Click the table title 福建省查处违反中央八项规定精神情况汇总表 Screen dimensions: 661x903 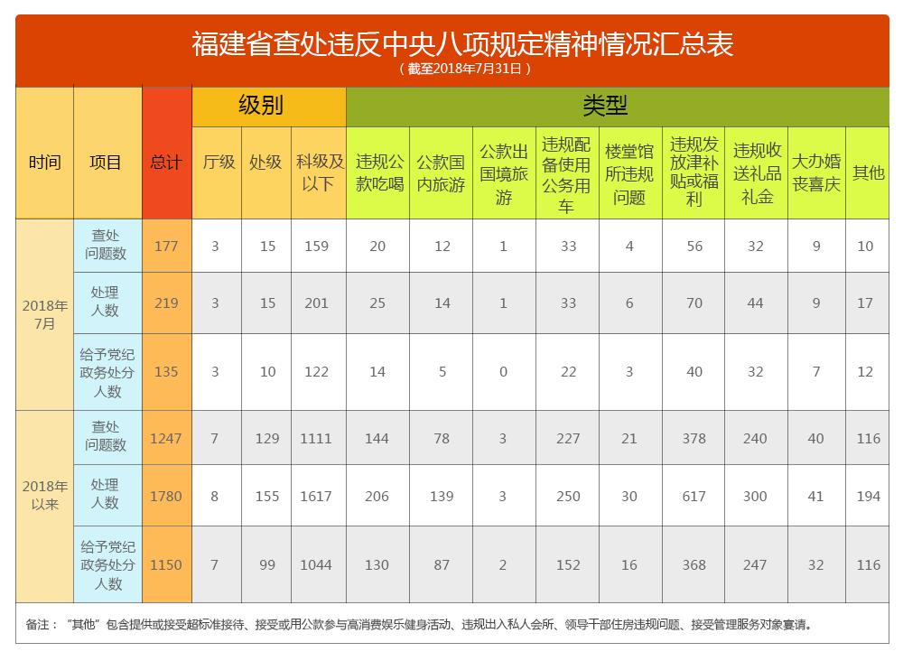462,43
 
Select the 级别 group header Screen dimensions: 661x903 261,106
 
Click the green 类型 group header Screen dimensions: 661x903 605,106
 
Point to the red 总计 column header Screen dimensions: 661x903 166,163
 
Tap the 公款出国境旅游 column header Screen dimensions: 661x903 503,173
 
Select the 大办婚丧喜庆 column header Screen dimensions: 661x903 816,172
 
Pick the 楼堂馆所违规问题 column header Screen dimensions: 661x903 629,173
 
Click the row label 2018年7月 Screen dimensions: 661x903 44,314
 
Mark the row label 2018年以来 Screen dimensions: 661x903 44,495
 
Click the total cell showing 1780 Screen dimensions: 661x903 166,496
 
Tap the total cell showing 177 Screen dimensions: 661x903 166,246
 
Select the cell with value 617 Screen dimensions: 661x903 694,496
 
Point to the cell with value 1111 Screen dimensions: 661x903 316,438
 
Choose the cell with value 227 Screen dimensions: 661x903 568,438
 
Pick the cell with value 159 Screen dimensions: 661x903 316,246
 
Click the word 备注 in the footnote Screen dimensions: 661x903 40,624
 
